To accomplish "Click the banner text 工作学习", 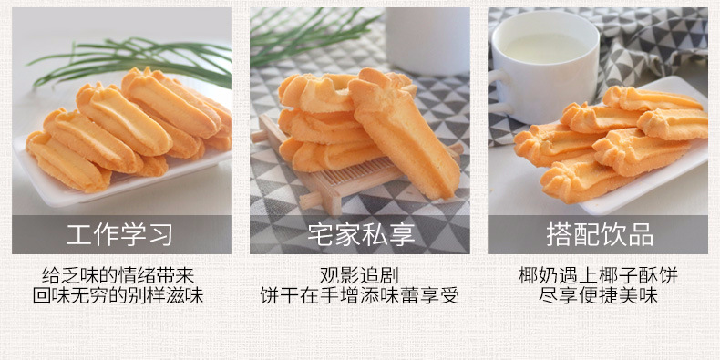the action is pos(119,234).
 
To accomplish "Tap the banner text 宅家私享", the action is pos(361,234).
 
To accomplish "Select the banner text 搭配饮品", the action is pos(599,234).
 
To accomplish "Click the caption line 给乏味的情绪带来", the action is pos(118,275).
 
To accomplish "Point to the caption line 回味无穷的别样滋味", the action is pos(118,295).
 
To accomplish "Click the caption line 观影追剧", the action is pos(359,275).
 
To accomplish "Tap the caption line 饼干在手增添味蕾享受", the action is pos(359,295).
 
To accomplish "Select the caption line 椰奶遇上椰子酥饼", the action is pos(598,275).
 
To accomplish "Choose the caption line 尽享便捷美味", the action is pos(598,295).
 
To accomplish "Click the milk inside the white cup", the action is pos(545,46).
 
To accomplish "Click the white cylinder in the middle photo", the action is pos(427,41).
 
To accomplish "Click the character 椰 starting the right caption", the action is pos(528,275).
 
